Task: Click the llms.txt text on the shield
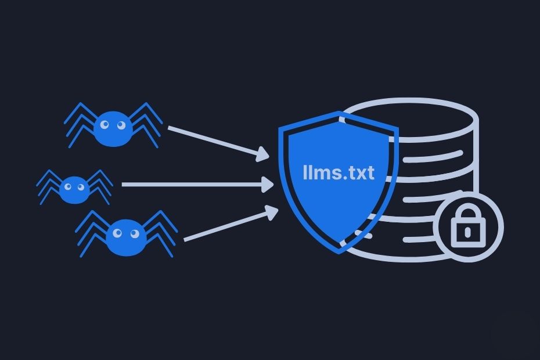click(x=339, y=173)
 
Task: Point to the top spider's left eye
click(x=105, y=124)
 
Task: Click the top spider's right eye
click(x=120, y=124)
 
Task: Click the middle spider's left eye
click(x=68, y=186)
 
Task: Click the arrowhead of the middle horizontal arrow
click(x=268, y=185)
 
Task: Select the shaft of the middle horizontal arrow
click(x=192, y=185)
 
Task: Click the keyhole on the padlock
click(x=468, y=232)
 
